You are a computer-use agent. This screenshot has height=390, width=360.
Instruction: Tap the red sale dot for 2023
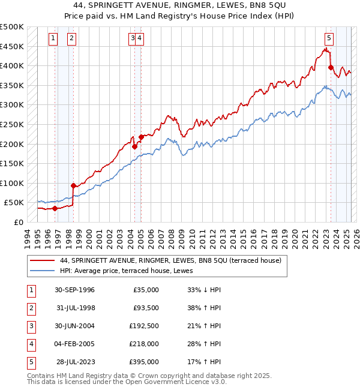pos(331,68)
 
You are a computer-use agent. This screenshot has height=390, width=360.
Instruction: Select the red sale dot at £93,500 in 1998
pos(73,185)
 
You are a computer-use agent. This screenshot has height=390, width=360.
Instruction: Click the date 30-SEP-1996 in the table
pos(74,290)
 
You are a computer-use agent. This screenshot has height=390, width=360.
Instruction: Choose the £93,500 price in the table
pos(145,308)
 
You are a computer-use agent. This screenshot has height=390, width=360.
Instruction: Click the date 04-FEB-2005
pos(74,344)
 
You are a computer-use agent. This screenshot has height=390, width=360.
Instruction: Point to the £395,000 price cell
pos(145,362)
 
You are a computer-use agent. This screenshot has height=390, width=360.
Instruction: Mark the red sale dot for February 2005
pos(141,137)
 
